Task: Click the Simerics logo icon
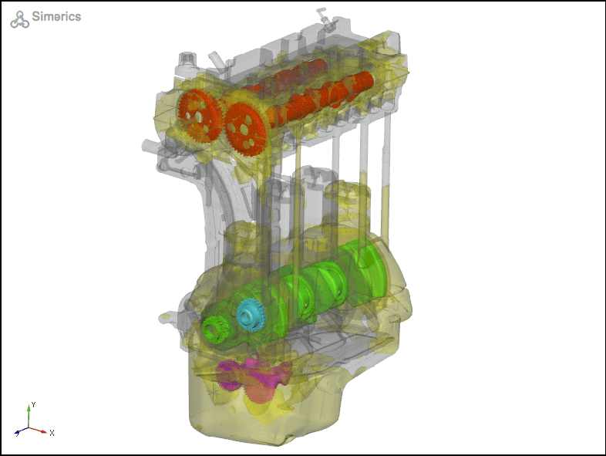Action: click(19, 19)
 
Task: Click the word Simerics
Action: click(56, 16)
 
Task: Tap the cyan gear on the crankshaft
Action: click(251, 314)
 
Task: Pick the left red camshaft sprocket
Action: click(199, 116)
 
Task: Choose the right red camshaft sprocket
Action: click(245, 129)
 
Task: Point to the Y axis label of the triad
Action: click(34, 404)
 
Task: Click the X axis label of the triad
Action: click(52, 433)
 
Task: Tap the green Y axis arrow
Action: click(29, 416)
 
